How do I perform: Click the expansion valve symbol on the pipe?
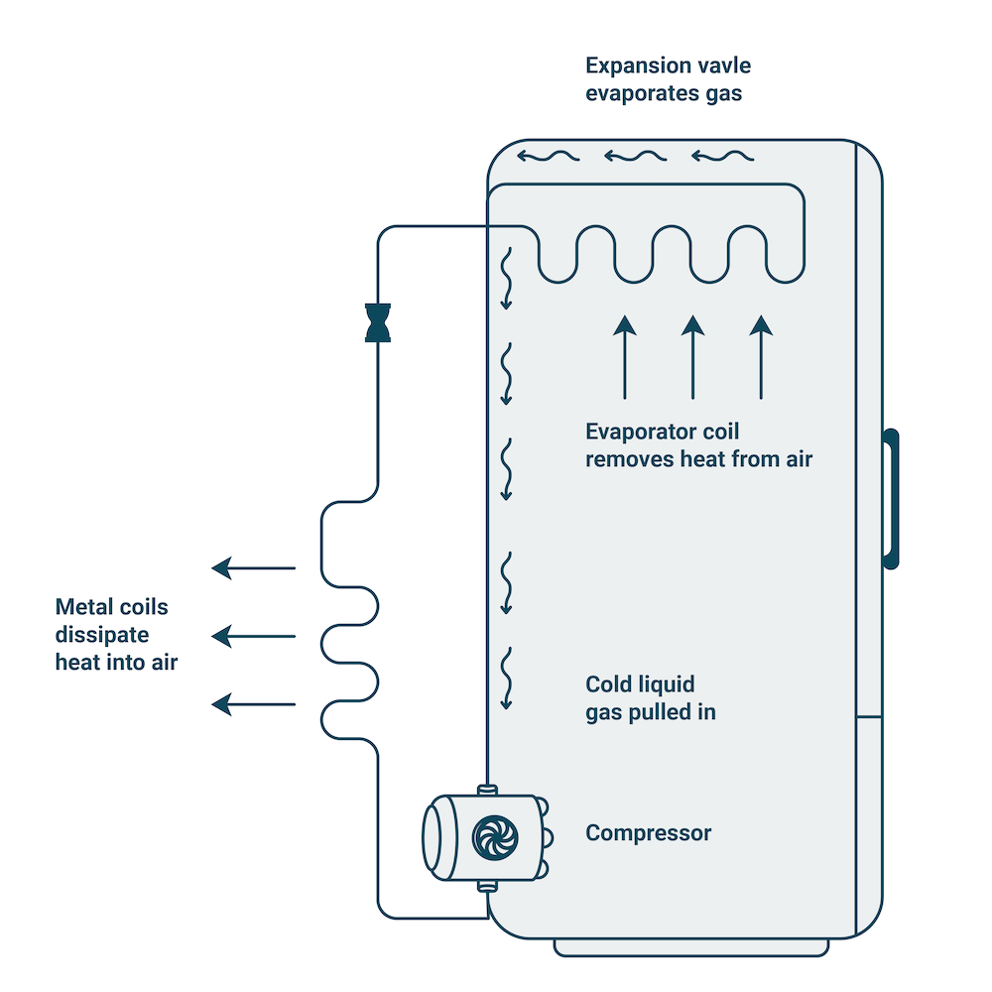point(378,322)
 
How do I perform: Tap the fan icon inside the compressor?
point(488,835)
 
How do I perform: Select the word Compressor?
point(648,832)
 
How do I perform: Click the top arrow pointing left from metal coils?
point(254,568)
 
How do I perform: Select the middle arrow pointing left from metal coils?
point(254,636)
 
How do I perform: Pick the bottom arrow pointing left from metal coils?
point(254,704)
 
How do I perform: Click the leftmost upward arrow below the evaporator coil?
point(624,357)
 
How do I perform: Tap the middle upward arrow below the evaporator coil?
point(692,357)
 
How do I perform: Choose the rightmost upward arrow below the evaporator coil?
point(760,357)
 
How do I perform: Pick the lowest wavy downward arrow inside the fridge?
point(508,679)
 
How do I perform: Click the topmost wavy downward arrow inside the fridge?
point(506,278)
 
